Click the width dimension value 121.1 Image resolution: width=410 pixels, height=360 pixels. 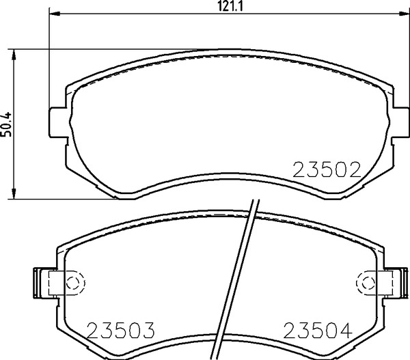click(230, 5)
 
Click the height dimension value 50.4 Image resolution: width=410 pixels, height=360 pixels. click(6, 124)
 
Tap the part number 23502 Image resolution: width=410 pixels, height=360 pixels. click(327, 170)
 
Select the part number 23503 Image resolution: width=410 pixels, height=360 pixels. click(120, 330)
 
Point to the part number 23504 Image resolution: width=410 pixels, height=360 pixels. click(318, 330)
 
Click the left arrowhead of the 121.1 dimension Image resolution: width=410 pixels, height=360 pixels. click(55, 13)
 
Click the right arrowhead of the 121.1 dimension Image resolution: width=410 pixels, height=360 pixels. click(404, 13)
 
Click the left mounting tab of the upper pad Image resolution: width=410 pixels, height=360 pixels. click(58, 122)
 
